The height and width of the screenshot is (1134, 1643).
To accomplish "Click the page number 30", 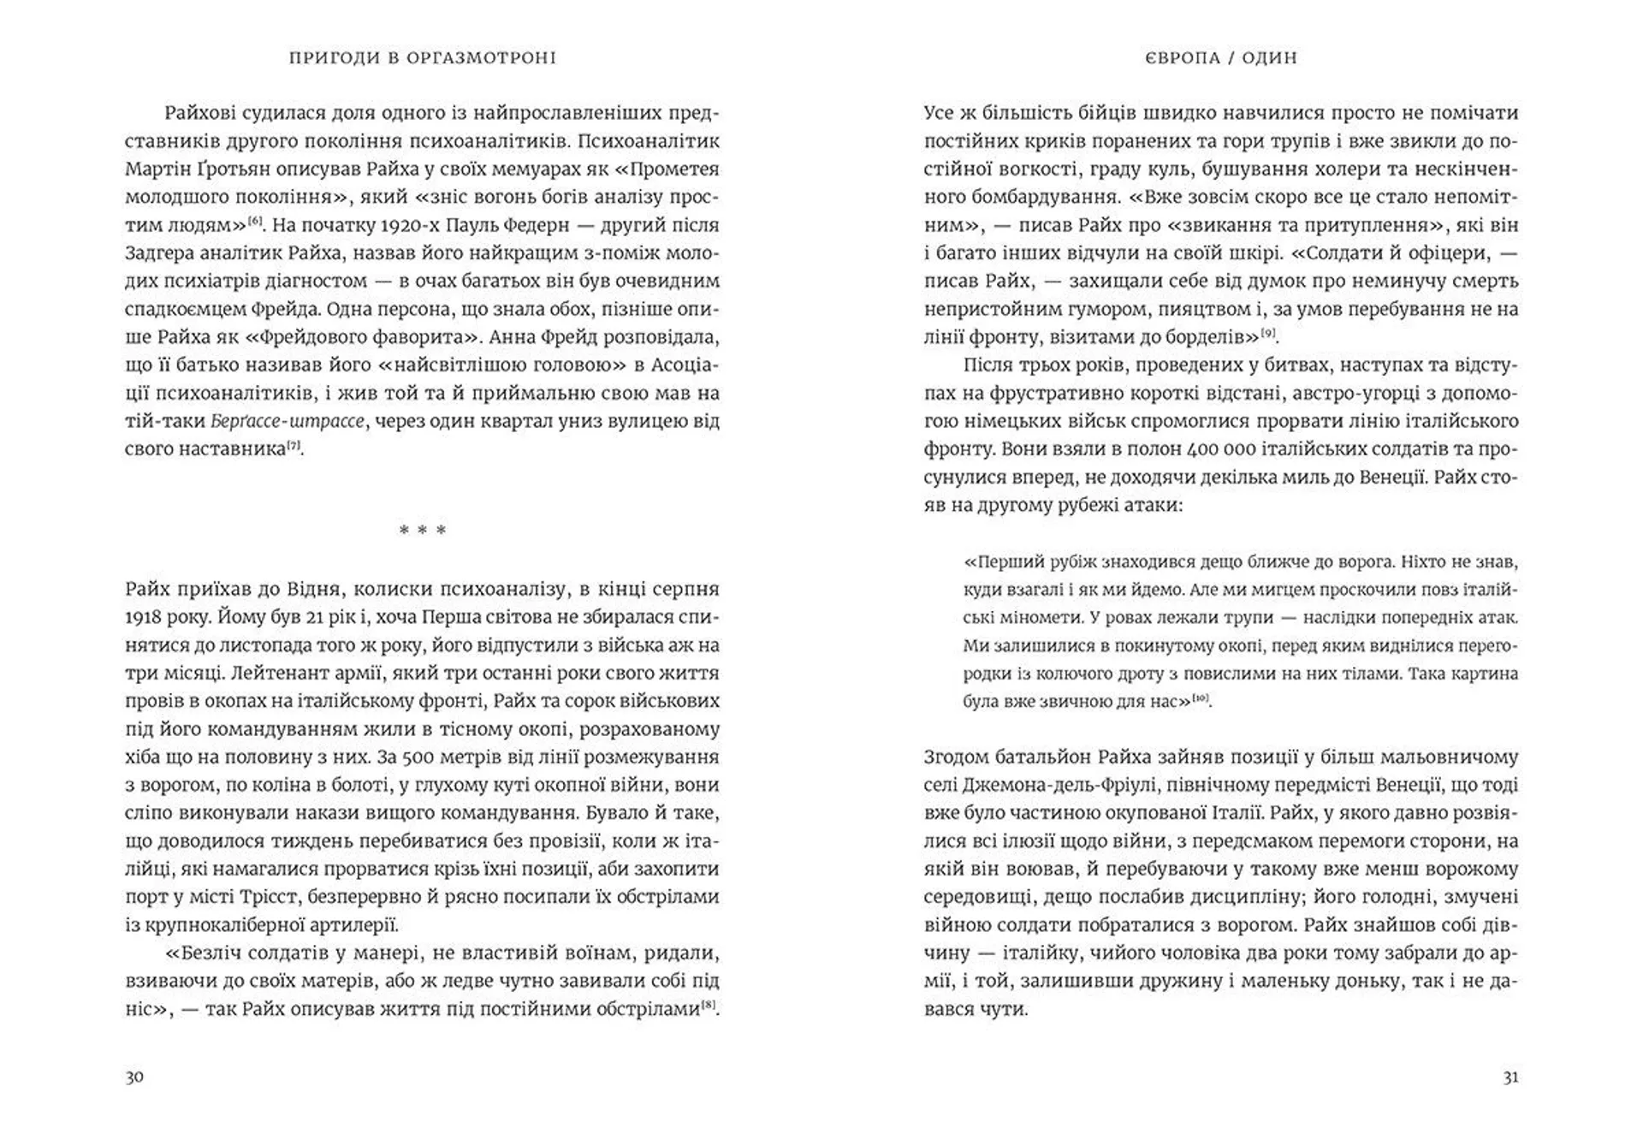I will pos(134,1077).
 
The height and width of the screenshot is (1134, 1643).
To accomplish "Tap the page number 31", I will pos(1510,1077).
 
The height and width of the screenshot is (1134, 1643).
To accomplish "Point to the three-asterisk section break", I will pos(423,531).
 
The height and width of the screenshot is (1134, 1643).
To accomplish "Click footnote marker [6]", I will pos(255,222).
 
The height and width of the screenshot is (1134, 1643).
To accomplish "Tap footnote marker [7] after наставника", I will pos(293,445).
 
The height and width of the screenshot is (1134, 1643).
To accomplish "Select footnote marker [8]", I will pos(709,1006).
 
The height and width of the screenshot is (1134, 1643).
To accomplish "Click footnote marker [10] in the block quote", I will pos(1201,698).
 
